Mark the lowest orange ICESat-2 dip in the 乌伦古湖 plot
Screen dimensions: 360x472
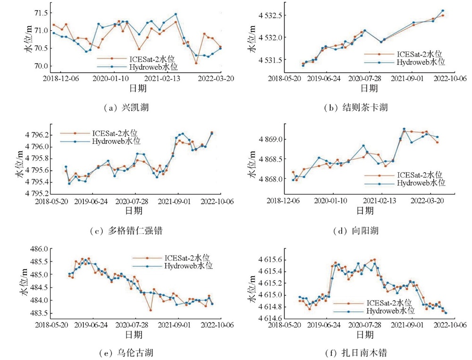(x=151, y=310)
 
